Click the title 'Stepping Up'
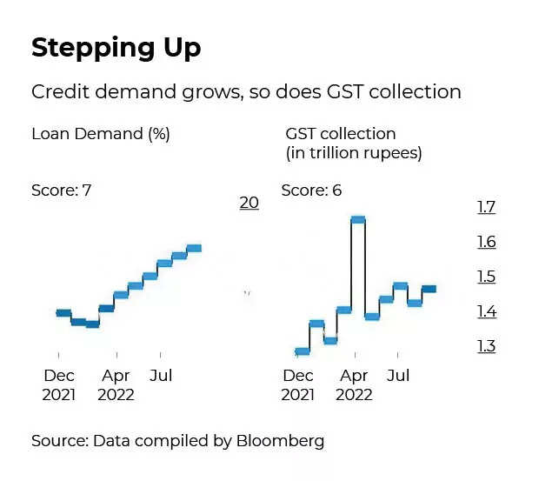point(116,49)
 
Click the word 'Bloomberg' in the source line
point(280,440)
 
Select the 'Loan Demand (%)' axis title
point(100,134)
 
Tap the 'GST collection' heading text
point(340,134)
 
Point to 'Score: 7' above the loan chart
point(62,190)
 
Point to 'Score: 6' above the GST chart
point(311,190)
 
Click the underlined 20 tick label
point(249,203)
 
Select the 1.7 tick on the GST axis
point(486,207)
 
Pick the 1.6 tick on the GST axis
point(486,242)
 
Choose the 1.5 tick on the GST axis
point(486,277)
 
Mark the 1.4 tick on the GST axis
point(486,311)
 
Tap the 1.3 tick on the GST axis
point(486,346)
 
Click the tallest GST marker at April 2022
point(357,219)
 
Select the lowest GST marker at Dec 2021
point(303,351)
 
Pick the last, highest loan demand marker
point(193,248)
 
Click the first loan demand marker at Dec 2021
point(63,312)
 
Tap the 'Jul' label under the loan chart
point(160,377)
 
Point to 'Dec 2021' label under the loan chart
point(58,385)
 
